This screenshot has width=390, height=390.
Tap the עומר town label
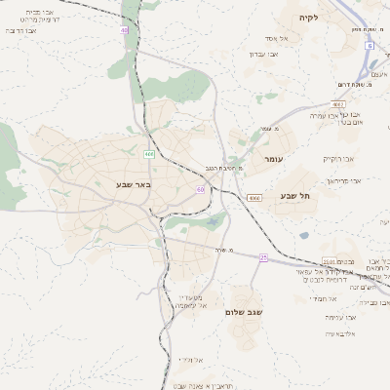point(271,157)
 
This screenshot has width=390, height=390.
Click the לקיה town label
point(309,18)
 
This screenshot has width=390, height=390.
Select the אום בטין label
point(343,123)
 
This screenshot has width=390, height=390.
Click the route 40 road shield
point(125,31)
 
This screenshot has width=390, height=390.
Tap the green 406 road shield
point(149,154)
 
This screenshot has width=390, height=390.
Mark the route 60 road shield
point(200,189)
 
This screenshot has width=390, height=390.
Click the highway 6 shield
point(370,45)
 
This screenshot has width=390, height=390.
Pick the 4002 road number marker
point(338,103)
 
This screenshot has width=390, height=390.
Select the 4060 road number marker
point(254,198)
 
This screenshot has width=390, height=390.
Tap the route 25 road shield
point(263,257)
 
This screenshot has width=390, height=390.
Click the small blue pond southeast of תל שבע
point(304,234)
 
